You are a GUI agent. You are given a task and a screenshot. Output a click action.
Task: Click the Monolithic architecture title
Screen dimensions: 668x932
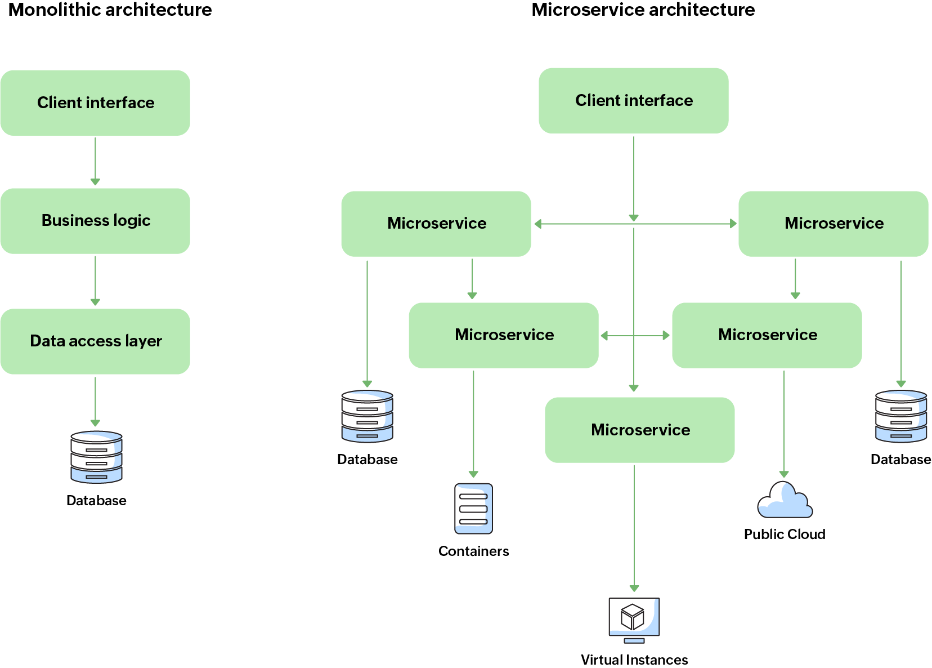[110, 10]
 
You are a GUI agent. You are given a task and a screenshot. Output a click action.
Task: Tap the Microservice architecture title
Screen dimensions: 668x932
[643, 10]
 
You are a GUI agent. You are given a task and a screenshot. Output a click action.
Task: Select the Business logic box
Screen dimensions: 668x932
[95, 221]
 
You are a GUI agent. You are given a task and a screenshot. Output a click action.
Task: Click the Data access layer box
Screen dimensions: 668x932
[95, 341]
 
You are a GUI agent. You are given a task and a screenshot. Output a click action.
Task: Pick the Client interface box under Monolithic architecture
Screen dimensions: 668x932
[95, 103]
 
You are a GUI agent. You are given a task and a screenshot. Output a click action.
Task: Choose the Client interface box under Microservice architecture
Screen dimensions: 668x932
[633, 100]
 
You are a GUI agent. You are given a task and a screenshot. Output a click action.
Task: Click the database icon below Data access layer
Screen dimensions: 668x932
[96, 457]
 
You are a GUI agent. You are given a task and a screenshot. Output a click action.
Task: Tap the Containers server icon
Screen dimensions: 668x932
[473, 509]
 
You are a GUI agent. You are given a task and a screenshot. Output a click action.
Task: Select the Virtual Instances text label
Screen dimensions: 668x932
[634, 660]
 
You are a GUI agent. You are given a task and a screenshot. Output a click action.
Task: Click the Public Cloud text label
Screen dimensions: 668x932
[784, 534]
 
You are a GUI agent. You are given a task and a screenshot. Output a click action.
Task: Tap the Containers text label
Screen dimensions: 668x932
[473, 551]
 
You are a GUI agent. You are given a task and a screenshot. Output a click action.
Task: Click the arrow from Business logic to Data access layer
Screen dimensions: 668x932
[95, 280]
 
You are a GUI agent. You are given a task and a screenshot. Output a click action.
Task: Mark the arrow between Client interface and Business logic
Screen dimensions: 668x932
[95, 161]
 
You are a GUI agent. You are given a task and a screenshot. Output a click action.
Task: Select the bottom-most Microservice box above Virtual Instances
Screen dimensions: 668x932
[639, 430]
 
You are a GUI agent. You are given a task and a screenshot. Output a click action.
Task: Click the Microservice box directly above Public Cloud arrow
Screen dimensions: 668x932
[767, 335]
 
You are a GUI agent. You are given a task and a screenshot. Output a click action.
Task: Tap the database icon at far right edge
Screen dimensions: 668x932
[900, 416]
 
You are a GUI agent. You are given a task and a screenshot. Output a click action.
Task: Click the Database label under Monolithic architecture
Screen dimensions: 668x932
[96, 500]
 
